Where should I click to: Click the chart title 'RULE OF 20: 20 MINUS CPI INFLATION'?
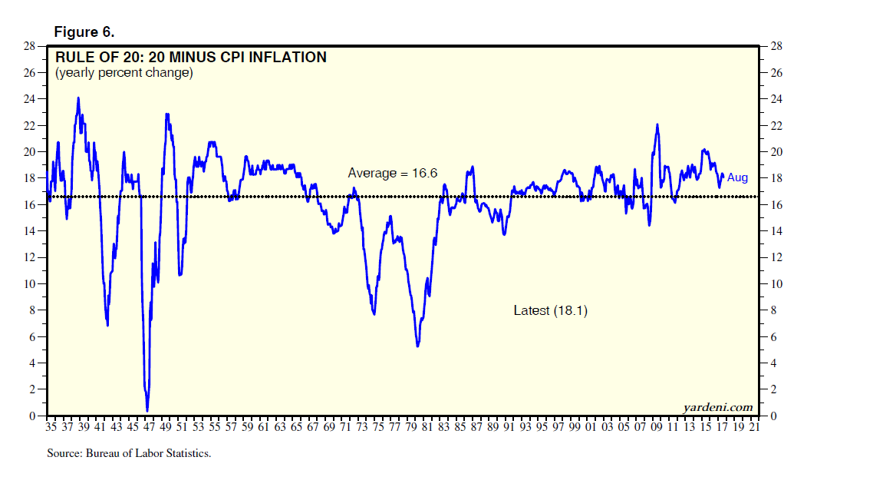point(190,57)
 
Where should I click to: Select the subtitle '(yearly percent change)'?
point(124,73)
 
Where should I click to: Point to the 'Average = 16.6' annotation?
point(392,174)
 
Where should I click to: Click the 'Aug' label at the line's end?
point(737,178)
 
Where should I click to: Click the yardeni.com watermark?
point(717,407)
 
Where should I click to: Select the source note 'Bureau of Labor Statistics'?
point(128,453)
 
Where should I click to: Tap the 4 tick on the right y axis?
point(771,363)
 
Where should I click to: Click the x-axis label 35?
point(51,427)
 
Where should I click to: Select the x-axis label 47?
point(149,427)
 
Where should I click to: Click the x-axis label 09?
point(656,427)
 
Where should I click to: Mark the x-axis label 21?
point(753,427)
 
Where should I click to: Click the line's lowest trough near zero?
point(147,411)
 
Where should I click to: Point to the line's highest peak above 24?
point(78,98)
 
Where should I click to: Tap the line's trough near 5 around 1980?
point(417,346)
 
